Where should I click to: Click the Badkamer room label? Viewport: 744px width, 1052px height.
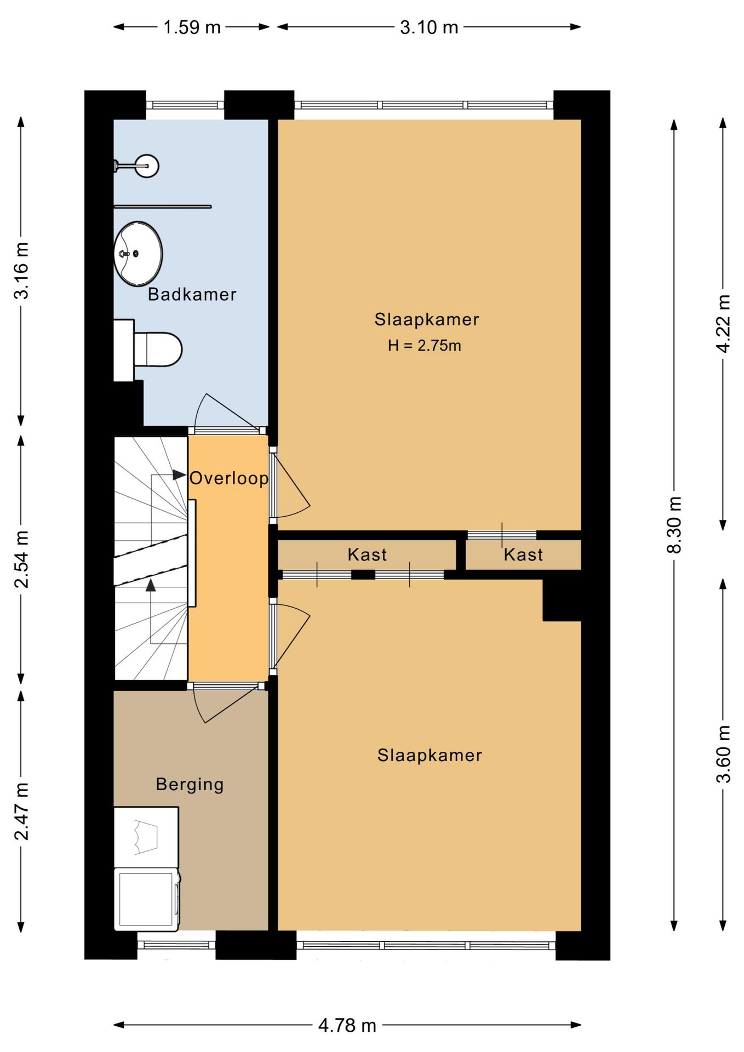pos(192,294)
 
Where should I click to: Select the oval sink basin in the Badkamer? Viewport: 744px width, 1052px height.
pos(138,254)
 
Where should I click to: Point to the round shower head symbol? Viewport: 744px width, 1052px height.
pos(147,165)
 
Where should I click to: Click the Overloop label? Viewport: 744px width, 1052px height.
pos(229,478)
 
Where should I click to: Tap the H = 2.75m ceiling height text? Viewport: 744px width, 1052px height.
pos(425,346)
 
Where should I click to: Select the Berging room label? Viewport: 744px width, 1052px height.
pos(190,785)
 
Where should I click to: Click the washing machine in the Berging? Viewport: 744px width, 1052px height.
pos(147,899)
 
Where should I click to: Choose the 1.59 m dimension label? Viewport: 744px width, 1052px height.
pos(192,27)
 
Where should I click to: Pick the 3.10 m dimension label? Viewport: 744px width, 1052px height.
pos(429,27)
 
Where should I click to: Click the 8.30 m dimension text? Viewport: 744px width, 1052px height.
pos(674,525)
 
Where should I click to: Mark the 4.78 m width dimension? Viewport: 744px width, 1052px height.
pos(347,1025)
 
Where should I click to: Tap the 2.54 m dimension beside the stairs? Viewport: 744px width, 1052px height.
pos(21,559)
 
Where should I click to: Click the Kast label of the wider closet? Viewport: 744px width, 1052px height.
pos(367,554)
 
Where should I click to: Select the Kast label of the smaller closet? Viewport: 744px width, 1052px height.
pos(523,554)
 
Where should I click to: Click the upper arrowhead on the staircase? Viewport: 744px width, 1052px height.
pos(179,475)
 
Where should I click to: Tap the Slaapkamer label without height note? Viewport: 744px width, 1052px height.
pos(430,755)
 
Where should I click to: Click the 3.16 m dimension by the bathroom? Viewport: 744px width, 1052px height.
pos(21,271)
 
